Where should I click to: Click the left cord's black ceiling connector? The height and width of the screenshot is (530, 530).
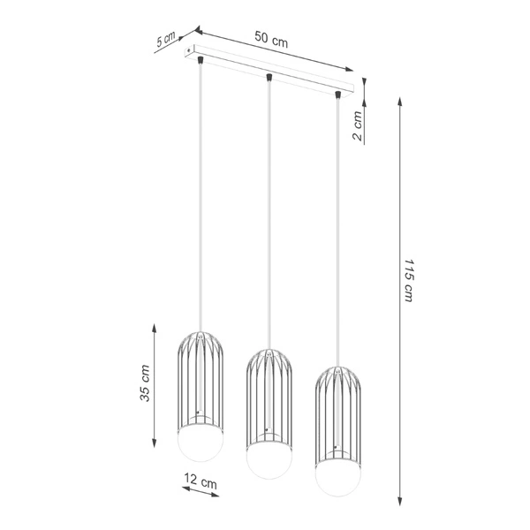[202, 61]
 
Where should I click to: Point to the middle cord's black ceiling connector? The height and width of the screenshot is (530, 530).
[269, 78]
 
